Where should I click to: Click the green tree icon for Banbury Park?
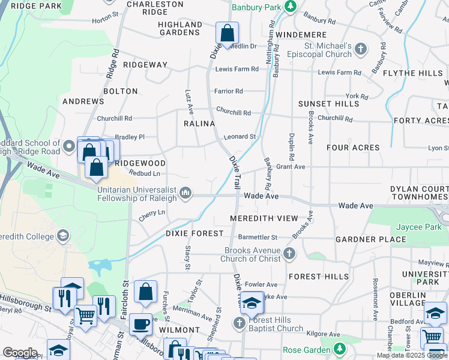click(x=291, y=6)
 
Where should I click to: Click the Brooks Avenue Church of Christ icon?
click(x=290, y=253)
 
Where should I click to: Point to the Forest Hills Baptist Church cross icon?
click(x=239, y=324)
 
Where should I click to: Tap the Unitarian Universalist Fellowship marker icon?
click(x=186, y=193)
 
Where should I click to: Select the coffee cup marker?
click(x=140, y=323)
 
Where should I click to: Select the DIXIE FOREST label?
click(x=196, y=233)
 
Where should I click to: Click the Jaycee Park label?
click(x=418, y=227)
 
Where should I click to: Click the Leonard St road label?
click(x=240, y=137)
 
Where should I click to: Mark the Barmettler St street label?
click(x=257, y=237)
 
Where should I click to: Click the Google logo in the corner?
click(x=20, y=353)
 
